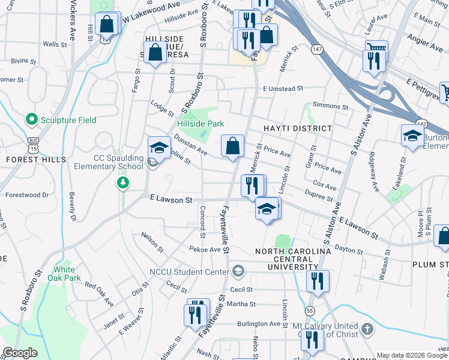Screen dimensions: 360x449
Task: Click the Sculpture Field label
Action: [68, 120]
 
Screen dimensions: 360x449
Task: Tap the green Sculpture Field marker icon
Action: [32, 120]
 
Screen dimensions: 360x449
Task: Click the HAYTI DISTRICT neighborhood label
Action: [297, 128]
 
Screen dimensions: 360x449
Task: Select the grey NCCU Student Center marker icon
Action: [239, 271]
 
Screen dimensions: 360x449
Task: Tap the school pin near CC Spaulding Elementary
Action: [159, 147]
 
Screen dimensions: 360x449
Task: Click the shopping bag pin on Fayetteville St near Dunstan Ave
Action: [232, 145]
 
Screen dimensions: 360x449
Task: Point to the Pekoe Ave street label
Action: [205, 249]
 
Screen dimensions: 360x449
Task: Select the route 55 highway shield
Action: [310, 310]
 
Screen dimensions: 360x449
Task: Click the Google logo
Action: [19, 353]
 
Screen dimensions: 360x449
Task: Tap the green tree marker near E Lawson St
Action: [123, 182]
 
